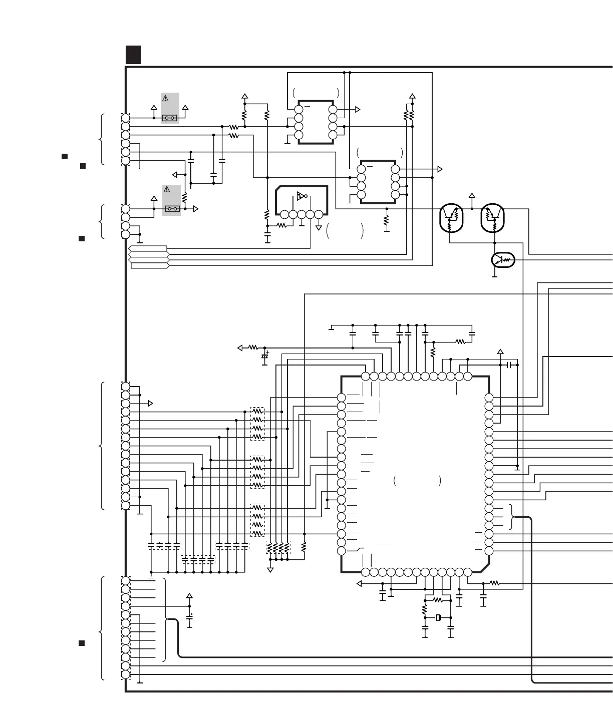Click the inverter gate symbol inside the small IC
pos(301,195)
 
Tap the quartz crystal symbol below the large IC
pos(438,617)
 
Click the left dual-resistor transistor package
pos(451,218)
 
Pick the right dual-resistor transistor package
pos(493,218)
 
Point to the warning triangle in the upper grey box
pos(165,99)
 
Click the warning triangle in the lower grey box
pos(167,190)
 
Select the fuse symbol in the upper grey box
pos(170,119)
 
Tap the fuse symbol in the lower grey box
pos(172,208)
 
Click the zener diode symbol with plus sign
pos(265,355)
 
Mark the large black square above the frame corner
pos(133,55)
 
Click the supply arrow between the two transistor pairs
pos(472,196)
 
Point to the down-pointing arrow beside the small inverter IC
pos(319,228)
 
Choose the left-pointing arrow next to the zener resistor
pos(240,347)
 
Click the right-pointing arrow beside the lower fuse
pos(196,209)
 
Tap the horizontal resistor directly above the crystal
pos(438,600)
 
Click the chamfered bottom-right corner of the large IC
pos(483,566)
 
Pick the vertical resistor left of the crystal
pos(425,611)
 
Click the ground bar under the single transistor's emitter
pos(495,276)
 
